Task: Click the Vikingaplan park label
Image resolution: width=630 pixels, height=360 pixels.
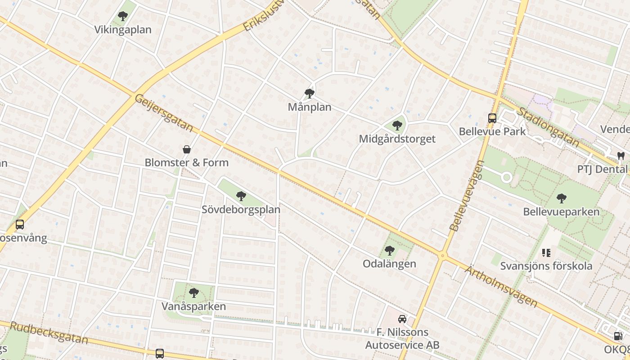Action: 123,30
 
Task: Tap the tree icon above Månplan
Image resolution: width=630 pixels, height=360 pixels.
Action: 310,94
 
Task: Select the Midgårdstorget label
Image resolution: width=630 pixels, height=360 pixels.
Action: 397,139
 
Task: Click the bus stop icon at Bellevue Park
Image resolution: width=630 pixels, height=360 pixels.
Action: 492,118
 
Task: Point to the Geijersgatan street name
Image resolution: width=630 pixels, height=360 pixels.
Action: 164,113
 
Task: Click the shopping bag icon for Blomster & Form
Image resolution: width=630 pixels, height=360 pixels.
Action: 187,149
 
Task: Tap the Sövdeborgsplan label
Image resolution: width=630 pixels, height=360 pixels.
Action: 241,209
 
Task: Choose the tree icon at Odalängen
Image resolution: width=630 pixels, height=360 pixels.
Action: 390,251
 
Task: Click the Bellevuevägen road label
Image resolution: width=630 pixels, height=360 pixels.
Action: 467,196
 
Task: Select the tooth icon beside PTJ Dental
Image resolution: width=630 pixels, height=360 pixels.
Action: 621,156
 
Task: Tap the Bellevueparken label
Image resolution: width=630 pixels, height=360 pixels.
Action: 561,211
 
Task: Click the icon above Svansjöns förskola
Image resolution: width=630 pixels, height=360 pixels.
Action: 546,253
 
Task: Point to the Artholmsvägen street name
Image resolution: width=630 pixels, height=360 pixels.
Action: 500,286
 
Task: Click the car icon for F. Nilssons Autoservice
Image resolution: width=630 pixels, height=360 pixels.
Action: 402,319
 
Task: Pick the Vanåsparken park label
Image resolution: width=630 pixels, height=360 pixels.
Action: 193,306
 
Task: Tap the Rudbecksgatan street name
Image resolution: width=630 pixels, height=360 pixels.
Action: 49,333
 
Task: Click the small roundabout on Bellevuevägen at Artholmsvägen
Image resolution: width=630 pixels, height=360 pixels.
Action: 442,256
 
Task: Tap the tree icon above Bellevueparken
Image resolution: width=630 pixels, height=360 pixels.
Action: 561,198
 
